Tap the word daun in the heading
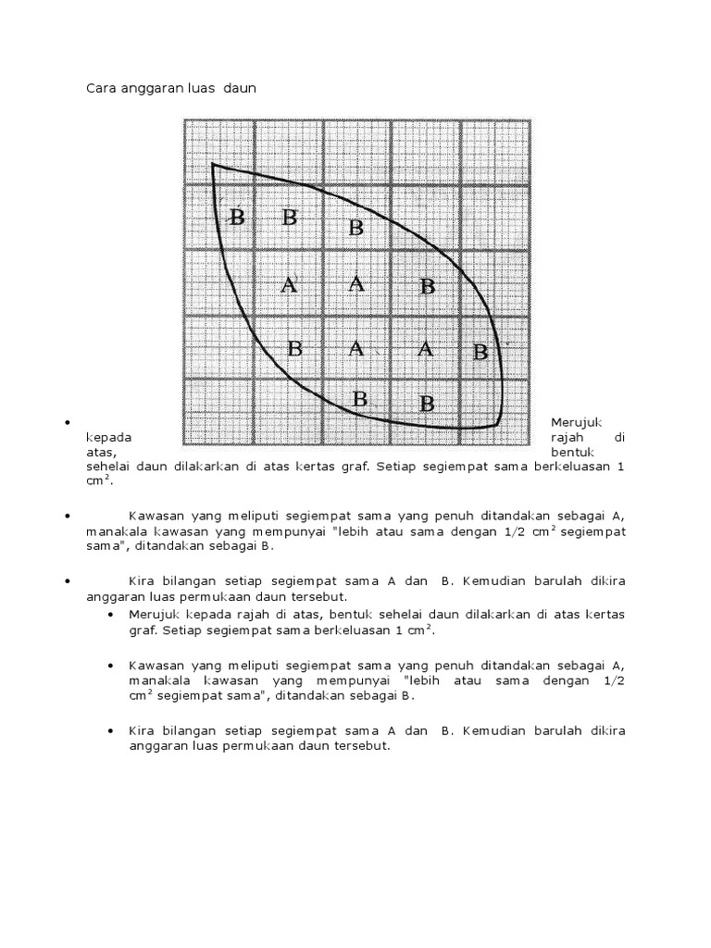[x=238, y=89]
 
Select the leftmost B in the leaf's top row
[x=237, y=218]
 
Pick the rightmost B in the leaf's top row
[x=356, y=228]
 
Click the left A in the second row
[x=289, y=285]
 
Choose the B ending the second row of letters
[x=427, y=287]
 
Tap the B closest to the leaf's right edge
[x=480, y=352]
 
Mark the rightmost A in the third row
[x=425, y=349]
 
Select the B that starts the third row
[x=294, y=349]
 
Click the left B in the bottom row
[x=360, y=400]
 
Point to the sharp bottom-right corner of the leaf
[x=497, y=426]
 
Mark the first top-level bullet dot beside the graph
[x=69, y=423]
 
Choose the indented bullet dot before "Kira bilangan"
[x=111, y=730]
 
